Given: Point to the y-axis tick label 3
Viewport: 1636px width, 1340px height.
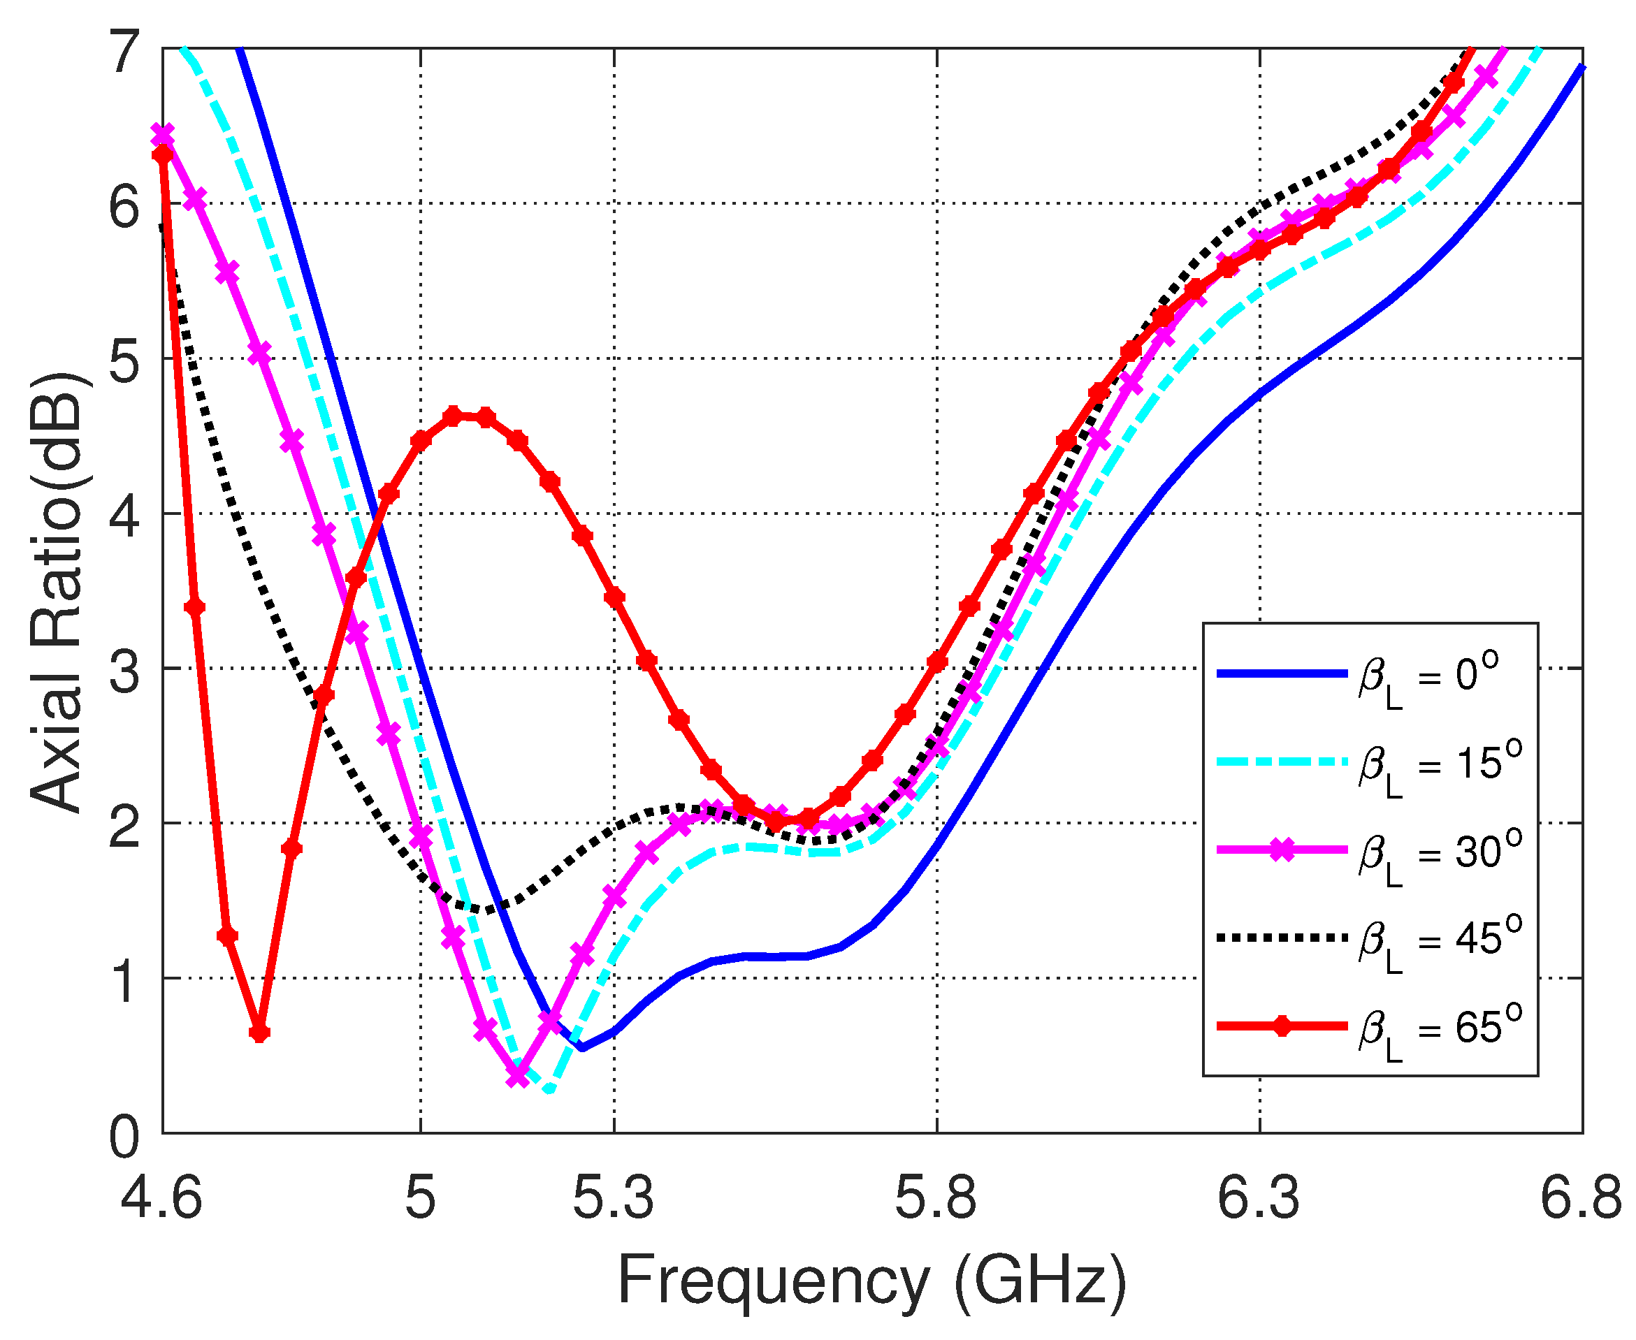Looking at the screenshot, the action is [126, 669].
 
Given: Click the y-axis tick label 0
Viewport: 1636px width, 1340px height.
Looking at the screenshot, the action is [126, 1135].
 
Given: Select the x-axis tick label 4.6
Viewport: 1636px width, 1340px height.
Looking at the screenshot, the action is [161, 1199].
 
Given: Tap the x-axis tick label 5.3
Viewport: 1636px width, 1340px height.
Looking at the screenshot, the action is [614, 1199].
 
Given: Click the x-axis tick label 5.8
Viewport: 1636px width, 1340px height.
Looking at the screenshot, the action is [936, 1199].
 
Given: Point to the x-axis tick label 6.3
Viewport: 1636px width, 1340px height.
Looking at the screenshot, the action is [1259, 1199].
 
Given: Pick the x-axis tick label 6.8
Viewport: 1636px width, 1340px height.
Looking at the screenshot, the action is [1582, 1199].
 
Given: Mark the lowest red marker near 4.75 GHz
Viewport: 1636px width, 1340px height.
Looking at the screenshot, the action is [259, 1033].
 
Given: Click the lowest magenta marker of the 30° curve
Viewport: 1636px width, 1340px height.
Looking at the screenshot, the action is [518, 1075].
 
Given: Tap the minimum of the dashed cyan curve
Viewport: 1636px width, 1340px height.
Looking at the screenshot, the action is [549, 1091].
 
